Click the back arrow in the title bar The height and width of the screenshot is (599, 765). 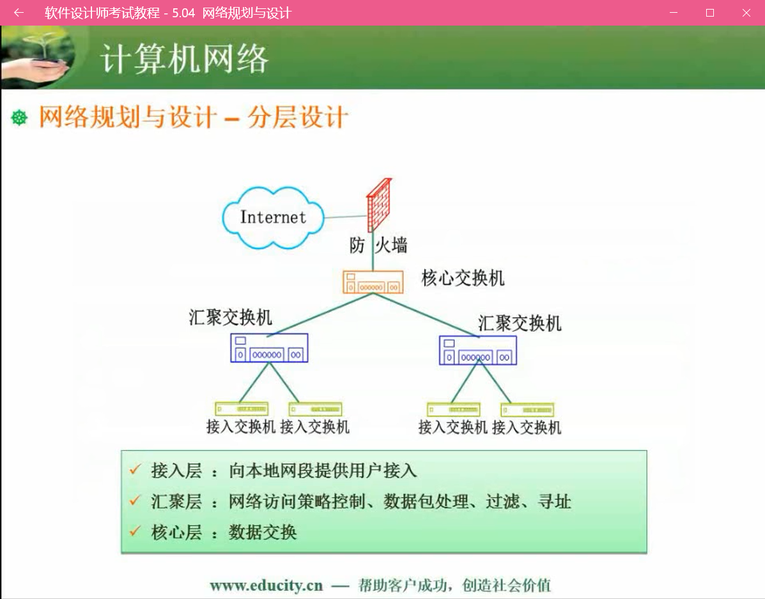19,13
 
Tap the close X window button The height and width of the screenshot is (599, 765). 746,13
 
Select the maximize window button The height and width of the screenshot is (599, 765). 710,13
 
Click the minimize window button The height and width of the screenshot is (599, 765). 674,13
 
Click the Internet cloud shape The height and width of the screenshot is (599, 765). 273,218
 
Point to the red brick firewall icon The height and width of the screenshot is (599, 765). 379,205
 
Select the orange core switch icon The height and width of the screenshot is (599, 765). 373,282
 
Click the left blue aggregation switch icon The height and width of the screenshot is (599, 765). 269,348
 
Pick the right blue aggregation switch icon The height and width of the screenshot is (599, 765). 477,350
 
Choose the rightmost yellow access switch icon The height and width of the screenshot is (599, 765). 527,409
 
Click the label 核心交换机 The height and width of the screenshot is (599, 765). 463,278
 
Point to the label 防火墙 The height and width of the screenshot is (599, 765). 378,245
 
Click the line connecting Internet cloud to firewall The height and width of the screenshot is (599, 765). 345,216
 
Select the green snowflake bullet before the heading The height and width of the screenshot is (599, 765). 19,118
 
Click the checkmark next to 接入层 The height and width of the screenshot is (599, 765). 135,470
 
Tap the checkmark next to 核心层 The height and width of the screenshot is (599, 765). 135,531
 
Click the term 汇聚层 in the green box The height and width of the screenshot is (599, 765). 176,501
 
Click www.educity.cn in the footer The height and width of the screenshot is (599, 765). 267,585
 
